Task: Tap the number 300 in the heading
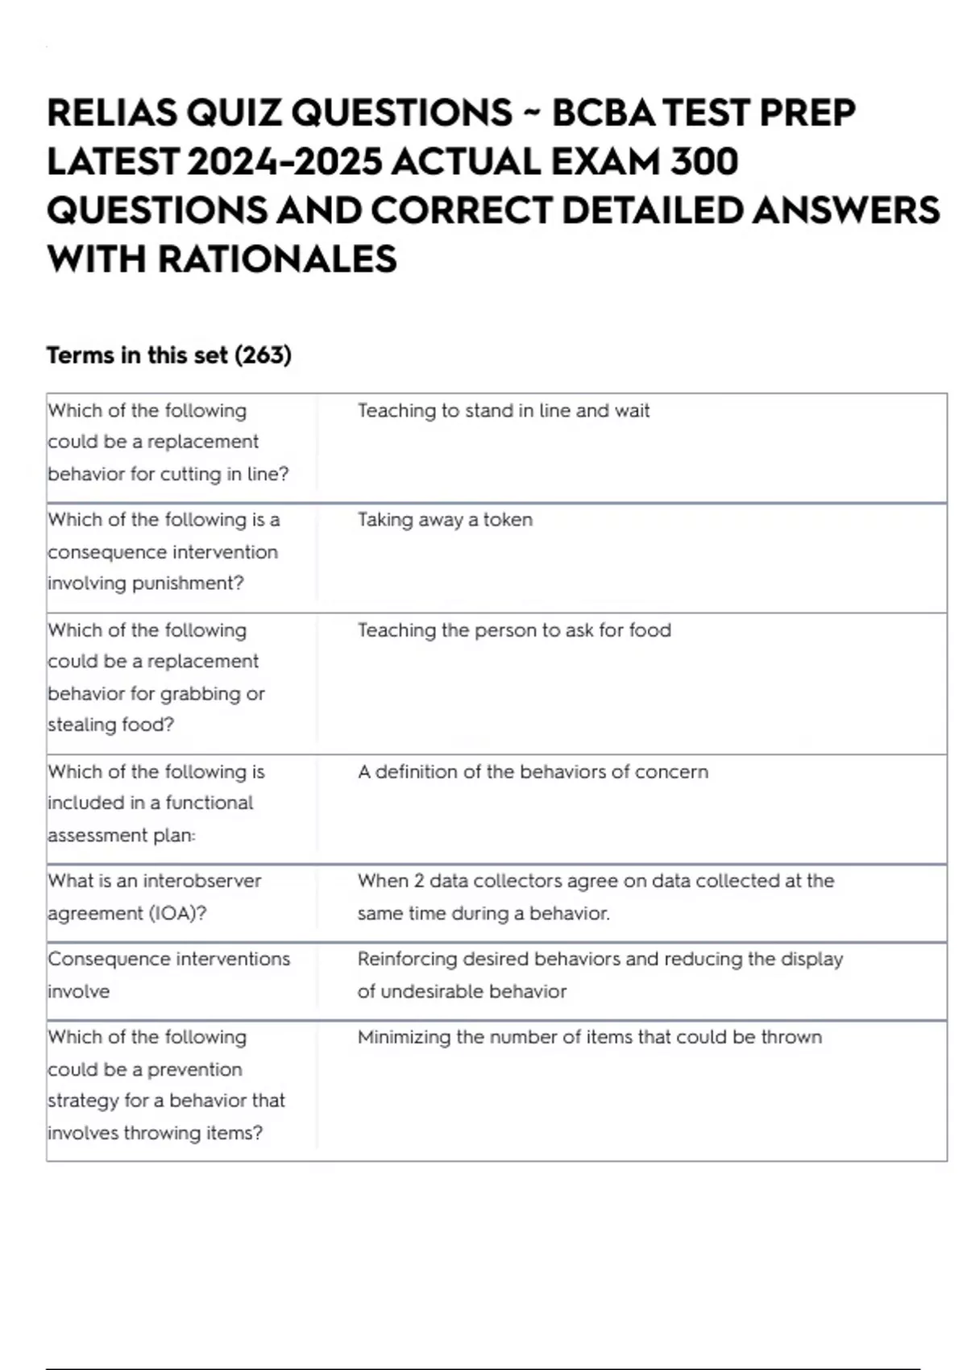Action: (703, 162)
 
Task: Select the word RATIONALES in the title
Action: (277, 259)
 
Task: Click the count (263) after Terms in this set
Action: (263, 355)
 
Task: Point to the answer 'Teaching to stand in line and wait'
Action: (503, 411)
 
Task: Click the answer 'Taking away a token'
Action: (445, 520)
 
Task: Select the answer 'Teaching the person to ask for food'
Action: (514, 630)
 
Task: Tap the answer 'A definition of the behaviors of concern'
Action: (533, 772)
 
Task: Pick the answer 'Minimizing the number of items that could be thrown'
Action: (589, 1037)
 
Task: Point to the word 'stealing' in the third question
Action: (79, 725)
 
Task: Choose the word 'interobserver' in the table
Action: (201, 881)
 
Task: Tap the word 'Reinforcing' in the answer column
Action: (407, 959)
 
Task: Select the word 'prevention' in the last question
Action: (194, 1069)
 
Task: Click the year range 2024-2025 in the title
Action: (284, 162)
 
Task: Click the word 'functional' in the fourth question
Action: (209, 803)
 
